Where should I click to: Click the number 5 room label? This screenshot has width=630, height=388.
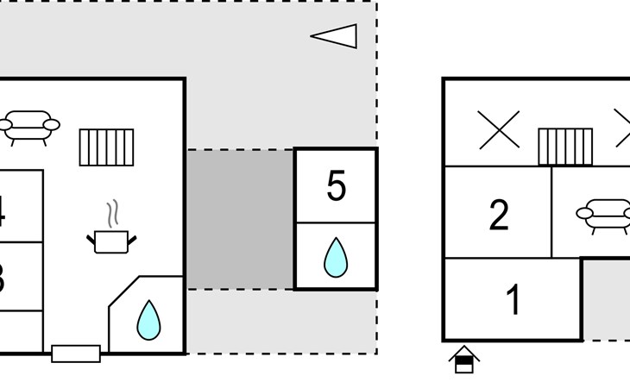click(x=337, y=186)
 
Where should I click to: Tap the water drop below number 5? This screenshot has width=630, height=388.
click(x=335, y=257)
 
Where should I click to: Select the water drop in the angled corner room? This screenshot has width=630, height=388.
click(x=149, y=320)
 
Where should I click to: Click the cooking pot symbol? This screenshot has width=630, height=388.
click(x=111, y=240)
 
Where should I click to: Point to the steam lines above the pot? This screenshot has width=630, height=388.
click(x=111, y=211)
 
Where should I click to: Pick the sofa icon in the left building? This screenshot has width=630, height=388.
click(x=29, y=126)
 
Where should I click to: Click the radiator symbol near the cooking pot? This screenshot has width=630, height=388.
click(x=107, y=147)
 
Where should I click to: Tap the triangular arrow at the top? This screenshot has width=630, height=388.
click(x=335, y=35)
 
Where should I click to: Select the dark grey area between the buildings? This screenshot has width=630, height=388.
click(x=240, y=219)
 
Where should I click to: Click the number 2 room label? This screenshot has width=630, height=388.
click(x=499, y=216)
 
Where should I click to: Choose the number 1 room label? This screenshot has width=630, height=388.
click(x=513, y=300)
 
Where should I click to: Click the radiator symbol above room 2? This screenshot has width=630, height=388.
click(x=565, y=147)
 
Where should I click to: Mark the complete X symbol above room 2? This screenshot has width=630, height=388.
click(x=499, y=130)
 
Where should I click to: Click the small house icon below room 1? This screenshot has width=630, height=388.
click(x=464, y=359)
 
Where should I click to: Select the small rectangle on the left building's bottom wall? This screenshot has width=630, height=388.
click(x=76, y=353)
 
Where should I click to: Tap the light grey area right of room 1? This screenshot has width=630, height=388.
click(x=606, y=297)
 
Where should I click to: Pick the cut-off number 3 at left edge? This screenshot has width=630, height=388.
click(x=3, y=278)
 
